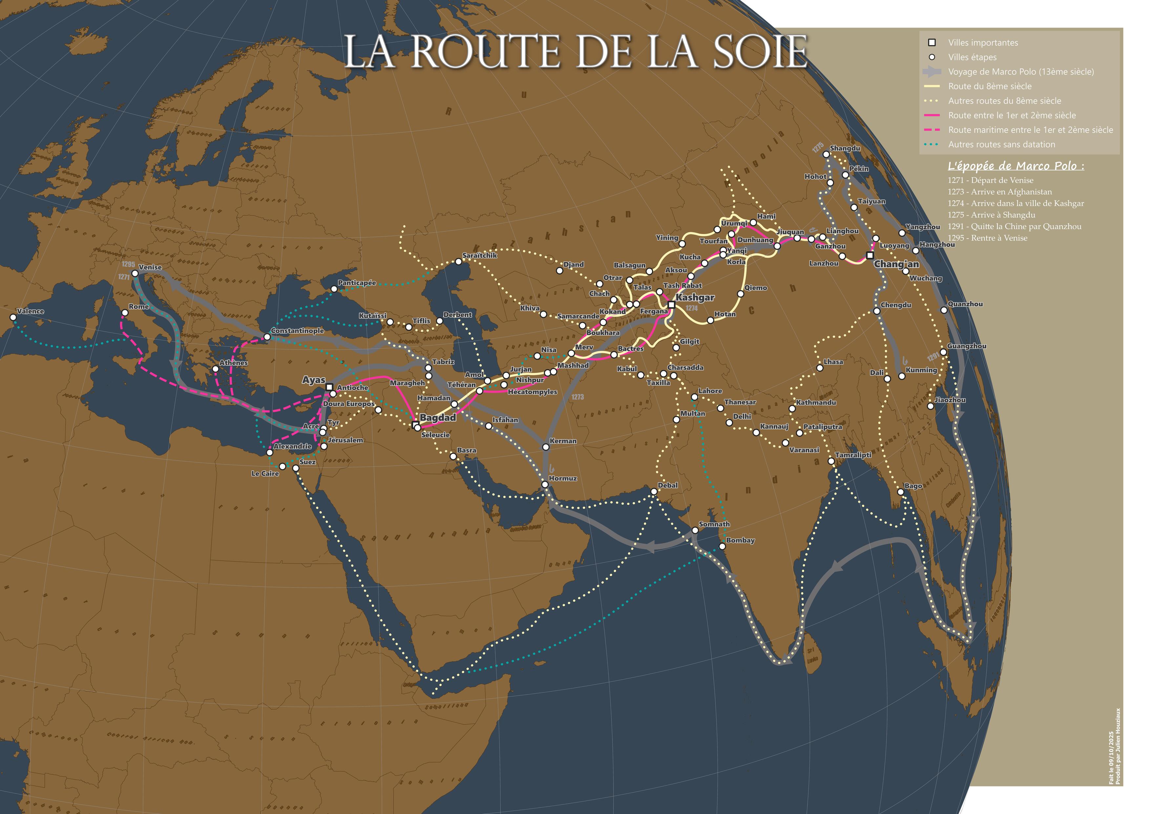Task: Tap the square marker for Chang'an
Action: tap(870, 255)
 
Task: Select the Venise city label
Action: tap(150, 267)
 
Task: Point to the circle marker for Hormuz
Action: tap(545, 484)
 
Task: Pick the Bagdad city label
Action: tap(438, 418)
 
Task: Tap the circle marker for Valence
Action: tap(13, 317)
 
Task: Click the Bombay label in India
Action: tap(741, 540)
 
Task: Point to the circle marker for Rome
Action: tap(125, 313)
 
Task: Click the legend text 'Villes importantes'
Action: tap(983, 43)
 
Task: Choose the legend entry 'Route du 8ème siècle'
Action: tap(990, 86)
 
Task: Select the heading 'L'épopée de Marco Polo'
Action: tap(1015, 166)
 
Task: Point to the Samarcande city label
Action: tap(578, 316)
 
